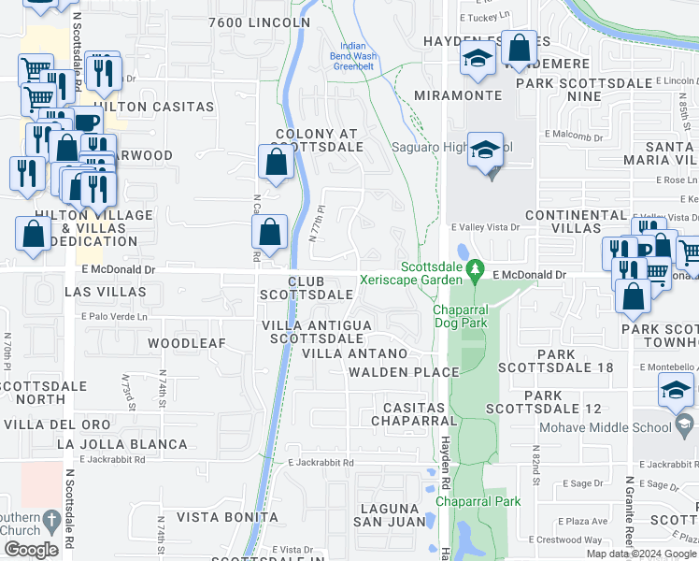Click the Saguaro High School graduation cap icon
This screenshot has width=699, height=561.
485,151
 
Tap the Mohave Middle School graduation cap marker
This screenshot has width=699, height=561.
677,391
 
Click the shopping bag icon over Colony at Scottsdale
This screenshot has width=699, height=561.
277,161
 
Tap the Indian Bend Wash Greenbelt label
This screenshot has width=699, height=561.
354,56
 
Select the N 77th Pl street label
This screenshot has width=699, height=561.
318,223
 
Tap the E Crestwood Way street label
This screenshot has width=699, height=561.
565,539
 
